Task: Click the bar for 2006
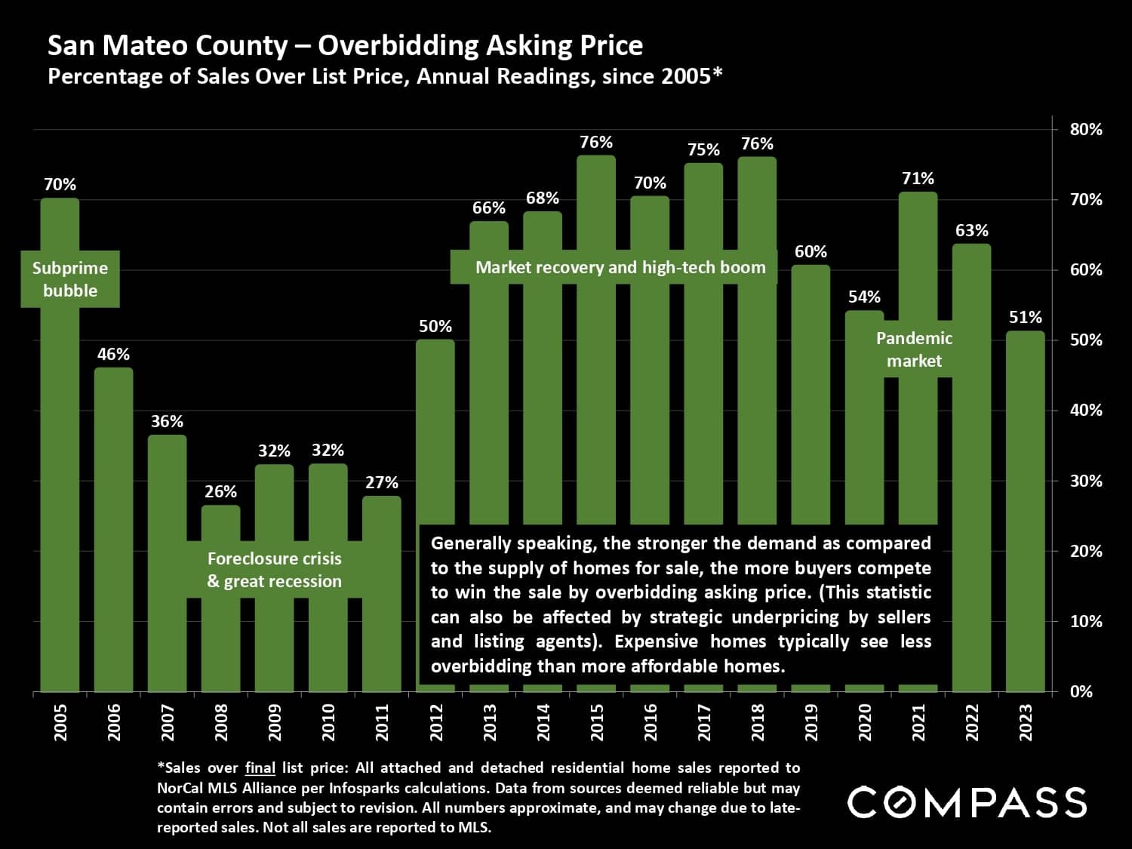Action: click(x=113, y=528)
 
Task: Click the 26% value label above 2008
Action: click(x=220, y=491)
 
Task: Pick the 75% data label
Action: click(x=703, y=149)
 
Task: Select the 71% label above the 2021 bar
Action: click(x=918, y=178)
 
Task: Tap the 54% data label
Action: click(x=864, y=297)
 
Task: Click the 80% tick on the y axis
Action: click(x=1086, y=129)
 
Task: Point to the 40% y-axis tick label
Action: click(x=1086, y=411)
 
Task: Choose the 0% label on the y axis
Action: click(x=1081, y=691)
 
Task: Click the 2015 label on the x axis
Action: click(x=597, y=721)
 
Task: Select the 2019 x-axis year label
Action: click(x=811, y=721)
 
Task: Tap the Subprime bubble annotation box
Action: click(x=70, y=279)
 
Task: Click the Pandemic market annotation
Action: click(x=914, y=349)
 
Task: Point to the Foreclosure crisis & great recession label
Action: click(x=275, y=570)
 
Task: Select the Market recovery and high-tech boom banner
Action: click(x=620, y=267)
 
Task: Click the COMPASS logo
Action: click(x=967, y=802)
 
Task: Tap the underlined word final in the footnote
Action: click(x=260, y=768)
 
